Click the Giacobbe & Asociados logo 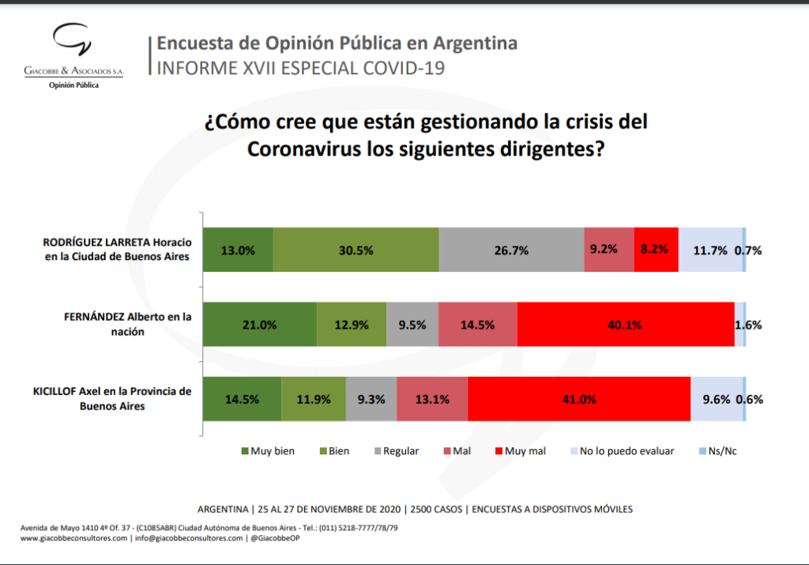[73, 56]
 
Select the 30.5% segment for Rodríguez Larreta [356, 250]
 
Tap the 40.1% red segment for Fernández [626, 325]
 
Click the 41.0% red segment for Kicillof [579, 399]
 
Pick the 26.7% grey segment [511, 250]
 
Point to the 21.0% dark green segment [259, 325]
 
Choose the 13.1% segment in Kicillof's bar [432, 399]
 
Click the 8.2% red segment [657, 250]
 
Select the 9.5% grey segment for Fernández [412, 325]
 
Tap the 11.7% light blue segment [710, 250]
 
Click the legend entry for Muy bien [268, 451]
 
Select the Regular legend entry [397, 451]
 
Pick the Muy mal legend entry [520, 451]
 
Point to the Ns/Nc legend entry [717, 451]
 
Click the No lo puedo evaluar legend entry [623, 451]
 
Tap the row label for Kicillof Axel [112, 398]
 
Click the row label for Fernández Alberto [127, 324]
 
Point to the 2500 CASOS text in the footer [436, 509]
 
